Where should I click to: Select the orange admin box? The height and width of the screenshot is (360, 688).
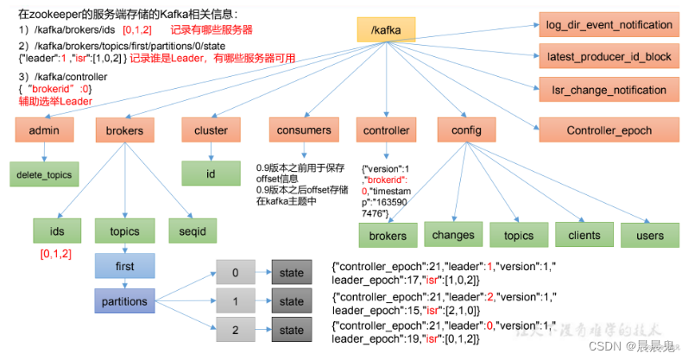pyautogui.click(x=42, y=130)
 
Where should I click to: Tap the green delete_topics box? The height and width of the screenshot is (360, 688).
pyautogui.click(x=42, y=174)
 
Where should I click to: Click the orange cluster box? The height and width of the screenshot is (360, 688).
pyautogui.click(x=210, y=130)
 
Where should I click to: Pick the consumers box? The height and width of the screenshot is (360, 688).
pyautogui.click(x=304, y=130)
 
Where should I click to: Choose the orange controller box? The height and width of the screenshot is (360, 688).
pyautogui.click(x=386, y=130)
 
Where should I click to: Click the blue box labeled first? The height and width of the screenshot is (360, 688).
pyautogui.click(x=124, y=267)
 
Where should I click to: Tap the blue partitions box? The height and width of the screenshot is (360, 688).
pyautogui.click(x=124, y=301)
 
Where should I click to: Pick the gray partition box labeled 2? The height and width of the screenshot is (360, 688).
pyautogui.click(x=236, y=330)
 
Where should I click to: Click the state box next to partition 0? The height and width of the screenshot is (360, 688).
pyautogui.click(x=292, y=273)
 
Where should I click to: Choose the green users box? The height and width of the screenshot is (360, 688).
pyautogui.click(x=649, y=234)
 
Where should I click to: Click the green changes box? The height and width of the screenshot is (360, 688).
pyautogui.click(x=453, y=234)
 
